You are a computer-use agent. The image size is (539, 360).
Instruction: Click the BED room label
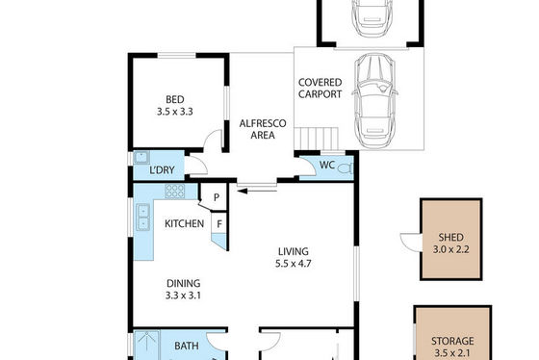tap(174, 100)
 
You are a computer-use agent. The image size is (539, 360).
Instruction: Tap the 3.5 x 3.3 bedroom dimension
tap(174, 112)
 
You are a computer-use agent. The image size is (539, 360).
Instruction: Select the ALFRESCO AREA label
tap(263, 129)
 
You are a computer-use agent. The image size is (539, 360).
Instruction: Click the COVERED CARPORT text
tap(320, 89)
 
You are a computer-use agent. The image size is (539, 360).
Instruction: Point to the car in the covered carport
tap(374, 101)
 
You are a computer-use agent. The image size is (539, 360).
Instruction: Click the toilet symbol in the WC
tap(346, 168)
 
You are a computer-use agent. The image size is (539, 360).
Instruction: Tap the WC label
tap(327, 165)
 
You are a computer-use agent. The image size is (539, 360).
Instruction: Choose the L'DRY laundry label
tap(162, 169)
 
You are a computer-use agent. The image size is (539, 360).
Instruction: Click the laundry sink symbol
tap(141, 158)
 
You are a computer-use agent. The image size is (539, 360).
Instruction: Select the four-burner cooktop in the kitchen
tap(174, 192)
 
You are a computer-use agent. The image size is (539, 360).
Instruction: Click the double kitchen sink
tap(143, 217)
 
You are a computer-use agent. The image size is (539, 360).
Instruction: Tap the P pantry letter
tap(217, 197)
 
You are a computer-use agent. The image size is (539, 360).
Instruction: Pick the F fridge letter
tap(219, 224)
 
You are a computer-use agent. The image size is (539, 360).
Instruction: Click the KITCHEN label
tap(184, 224)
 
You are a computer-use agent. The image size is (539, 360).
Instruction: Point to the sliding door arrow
tap(257, 191)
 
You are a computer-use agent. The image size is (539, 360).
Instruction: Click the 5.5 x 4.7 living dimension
tap(294, 264)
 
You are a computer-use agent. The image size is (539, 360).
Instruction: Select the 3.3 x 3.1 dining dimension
tap(183, 296)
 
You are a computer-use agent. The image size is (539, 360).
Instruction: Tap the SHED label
tap(451, 237)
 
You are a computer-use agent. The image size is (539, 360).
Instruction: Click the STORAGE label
tap(452, 341)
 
